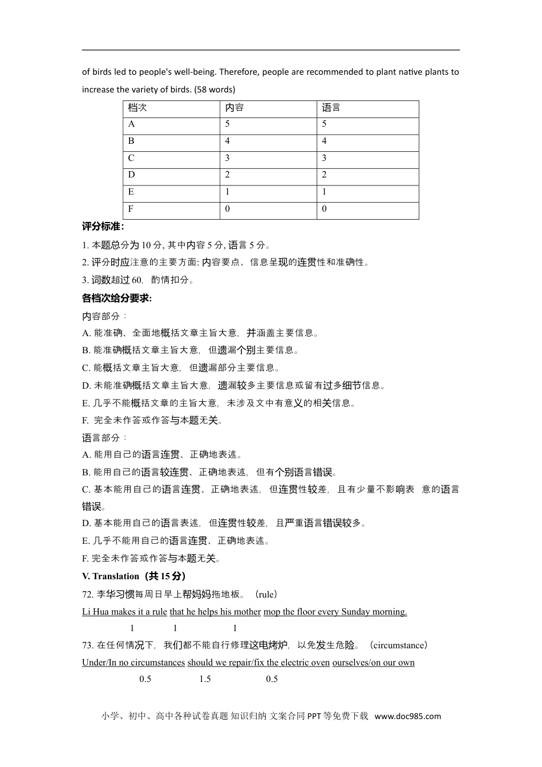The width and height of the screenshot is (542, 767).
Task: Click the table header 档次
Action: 137,108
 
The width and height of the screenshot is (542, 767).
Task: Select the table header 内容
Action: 234,108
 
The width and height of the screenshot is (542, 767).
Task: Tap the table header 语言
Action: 331,108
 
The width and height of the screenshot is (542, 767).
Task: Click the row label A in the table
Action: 132,124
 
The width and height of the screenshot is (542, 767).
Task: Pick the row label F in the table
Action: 131,209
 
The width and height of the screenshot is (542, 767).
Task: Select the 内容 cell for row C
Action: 228,158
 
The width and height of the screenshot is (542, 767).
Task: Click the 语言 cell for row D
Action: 324,175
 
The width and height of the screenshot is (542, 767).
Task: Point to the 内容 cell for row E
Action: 228,192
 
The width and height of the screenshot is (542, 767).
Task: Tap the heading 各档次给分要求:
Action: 117,298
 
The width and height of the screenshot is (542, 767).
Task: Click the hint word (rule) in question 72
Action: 266,595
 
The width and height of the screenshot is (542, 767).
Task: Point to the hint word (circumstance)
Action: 398,645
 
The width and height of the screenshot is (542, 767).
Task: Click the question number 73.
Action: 88,645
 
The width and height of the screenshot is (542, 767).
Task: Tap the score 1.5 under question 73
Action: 205,679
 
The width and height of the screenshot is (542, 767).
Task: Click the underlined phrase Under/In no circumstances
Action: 134,663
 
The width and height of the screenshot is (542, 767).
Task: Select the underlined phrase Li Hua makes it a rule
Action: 124,612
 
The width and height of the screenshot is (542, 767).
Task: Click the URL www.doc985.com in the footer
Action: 408,716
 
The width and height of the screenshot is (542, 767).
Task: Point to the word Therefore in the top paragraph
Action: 239,72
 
